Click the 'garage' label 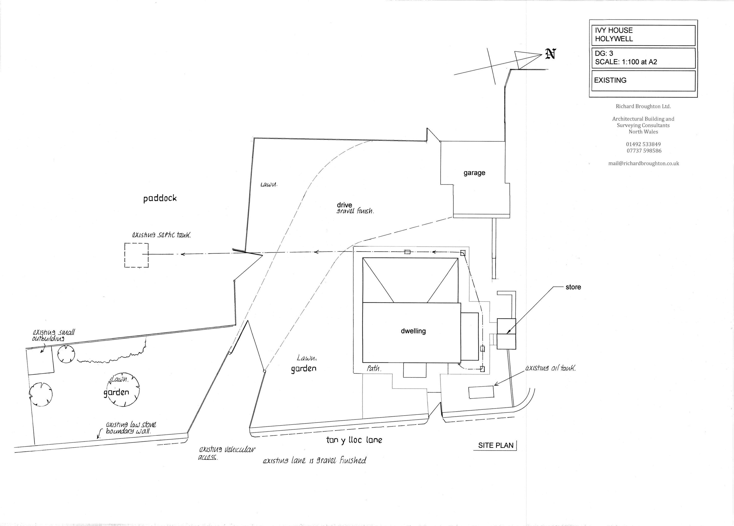tap(474, 173)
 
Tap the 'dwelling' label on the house tap(413, 331)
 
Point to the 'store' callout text tap(573, 287)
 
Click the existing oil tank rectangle tap(481, 392)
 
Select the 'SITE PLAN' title tap(496, 445)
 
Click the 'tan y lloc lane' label tap(354, 440)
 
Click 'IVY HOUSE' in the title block tap(614, 30)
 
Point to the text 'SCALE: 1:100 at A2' tap(626, 62)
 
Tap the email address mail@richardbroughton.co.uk tap(643, 164)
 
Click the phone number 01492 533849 tap(643, 144)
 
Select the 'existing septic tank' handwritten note tap(161, 235)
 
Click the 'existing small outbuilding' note tap(53, 335)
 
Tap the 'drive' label tap(344, 205)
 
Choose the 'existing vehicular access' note tap(227, 453)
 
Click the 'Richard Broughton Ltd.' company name tap(643, 106)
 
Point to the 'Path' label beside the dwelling tap(374, 368)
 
